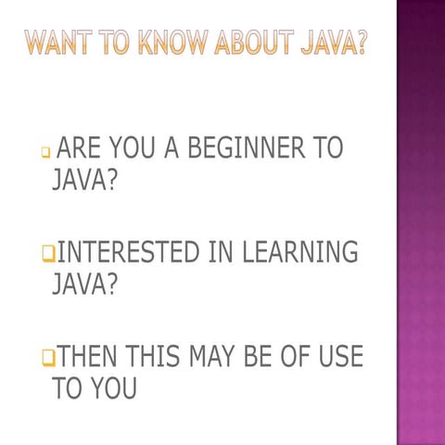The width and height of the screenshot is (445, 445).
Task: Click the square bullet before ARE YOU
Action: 45,151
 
